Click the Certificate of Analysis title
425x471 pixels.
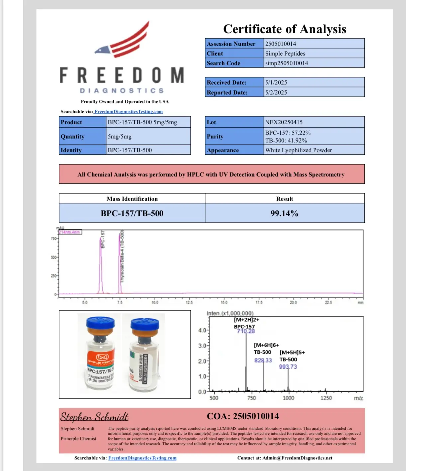(x=284, y=29)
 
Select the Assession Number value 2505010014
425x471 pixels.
(x=280, y=44)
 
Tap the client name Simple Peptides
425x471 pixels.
(x=285, y=53)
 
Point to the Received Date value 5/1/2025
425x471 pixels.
(x=276, y=82)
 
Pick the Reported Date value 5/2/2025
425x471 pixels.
(x=276, y=92)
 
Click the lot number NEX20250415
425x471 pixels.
(x=284, y=122)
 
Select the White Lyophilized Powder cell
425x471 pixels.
(x=298, y=150)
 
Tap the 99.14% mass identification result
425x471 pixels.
(x=284, y=213)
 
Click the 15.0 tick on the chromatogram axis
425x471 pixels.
(x=224, y=302)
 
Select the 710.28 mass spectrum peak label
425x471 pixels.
(x=246, y=331)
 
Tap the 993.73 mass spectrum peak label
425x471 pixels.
(x=288, y=367)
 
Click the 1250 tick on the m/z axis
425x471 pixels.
(x=326, y=398)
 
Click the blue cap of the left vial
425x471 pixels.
(x=100, y=323)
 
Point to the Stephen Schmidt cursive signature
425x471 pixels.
(x=94, y=417)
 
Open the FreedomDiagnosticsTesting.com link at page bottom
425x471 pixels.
(x=142, y=458)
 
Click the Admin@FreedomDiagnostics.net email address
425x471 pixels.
(x=297, y=458)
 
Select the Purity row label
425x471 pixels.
(x=215, y=136)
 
